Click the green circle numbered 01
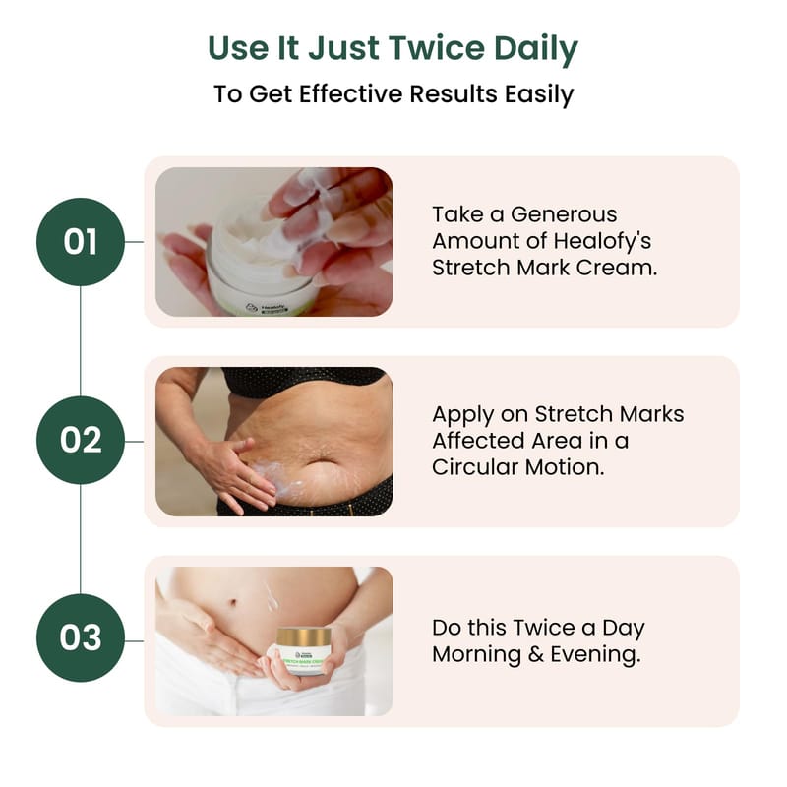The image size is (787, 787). point(81,242)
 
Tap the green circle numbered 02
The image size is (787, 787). point(81,440)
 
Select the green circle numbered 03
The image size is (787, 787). point(81,637)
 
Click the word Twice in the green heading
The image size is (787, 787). point(437,48)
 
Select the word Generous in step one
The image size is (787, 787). point(564,214)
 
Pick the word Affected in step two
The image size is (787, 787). point(477,441)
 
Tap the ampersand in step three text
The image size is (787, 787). point(536,654)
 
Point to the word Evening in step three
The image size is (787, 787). point(595,655)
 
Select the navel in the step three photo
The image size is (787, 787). point(232,602)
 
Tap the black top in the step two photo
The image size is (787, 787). point(306,382)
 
